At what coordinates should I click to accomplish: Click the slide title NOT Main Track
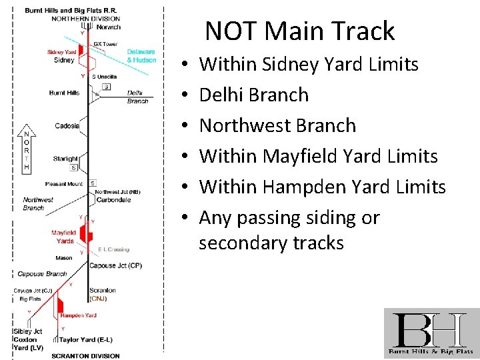pyautogui.click(x=299, y=31)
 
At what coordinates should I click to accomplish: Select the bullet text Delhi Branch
pyautogui.click(x=254, y=95)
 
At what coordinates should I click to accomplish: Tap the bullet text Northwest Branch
pyautogui.click(x=277, y=125)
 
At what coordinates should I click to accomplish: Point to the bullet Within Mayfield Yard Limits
pyautogui.click(x=318, y=156)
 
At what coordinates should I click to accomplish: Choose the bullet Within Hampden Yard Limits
pyautogui.click(x=322, y=187)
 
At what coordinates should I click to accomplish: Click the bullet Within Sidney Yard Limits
pyautogui.click(x=309, y=64)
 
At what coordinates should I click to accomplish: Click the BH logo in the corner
pyautogui.click(x=431, y=333)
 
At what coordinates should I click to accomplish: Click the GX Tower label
pyautogui.click(x=105, y=44)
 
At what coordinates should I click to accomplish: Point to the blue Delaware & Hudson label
pyautogui.click(x=141, y=56)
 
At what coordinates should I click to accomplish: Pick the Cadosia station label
pyautogui.click(x=67, y=126)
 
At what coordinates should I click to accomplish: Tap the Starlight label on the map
pyautogui.click(x=65, y=159)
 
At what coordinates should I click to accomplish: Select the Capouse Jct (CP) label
pyautogui.click(x=115, y=266)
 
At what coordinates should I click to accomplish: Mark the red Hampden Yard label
pyautogui.click(x=78, y=315)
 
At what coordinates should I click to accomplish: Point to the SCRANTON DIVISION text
pyautogui.click(x=85, y=355)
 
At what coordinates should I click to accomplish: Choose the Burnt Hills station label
pyautogui.click(x=64, y=93)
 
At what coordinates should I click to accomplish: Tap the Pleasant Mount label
pyautogui.click(x=64, y=184)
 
